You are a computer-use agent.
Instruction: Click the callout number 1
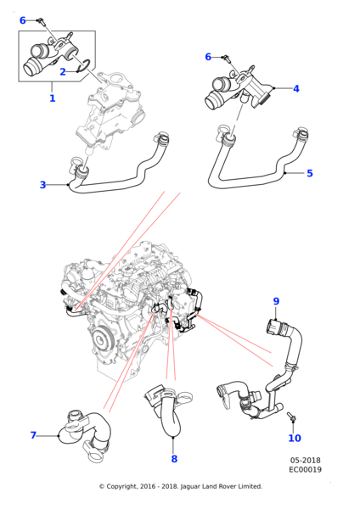[53, 98]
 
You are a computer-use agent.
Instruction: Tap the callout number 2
[63, 72]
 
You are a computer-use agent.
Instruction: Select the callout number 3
[43, 185]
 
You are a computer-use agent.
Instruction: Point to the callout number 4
[296, 88]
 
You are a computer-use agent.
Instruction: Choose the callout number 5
[310, 173]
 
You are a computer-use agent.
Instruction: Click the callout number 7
[33, 435]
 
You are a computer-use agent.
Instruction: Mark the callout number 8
[174, 459]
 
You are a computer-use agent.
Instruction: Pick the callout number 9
[276, 301]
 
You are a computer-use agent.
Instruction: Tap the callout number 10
[295, 439]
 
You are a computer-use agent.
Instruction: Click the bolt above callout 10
[290, 417]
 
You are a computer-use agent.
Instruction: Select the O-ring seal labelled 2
[85, 66]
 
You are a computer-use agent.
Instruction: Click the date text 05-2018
[305, 461]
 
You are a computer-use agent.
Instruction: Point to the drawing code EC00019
[305, 469]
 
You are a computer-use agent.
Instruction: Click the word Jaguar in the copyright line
[190, 486]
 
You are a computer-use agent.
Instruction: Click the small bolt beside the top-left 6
[41, 21]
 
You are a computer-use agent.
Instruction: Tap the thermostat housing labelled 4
[239, 87]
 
